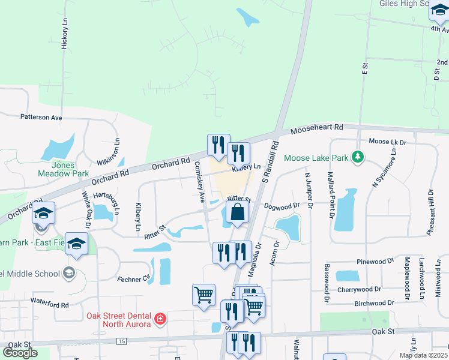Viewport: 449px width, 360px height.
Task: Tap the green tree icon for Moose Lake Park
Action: (x=358, y=157)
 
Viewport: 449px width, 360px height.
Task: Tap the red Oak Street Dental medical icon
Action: (x=160, y=319)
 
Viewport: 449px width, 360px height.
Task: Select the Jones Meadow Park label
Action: (x=70, y=169)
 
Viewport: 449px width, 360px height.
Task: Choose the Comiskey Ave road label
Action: (x=200, y=182)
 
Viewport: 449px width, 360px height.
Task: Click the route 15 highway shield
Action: (x=122, y=341)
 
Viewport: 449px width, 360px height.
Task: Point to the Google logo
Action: (x=20, y=353)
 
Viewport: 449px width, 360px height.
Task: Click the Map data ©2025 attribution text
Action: (x=424, y=355)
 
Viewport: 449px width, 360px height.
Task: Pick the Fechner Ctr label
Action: (x=134, y=279)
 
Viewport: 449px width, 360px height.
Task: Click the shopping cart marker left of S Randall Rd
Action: (x=203, y=295)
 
